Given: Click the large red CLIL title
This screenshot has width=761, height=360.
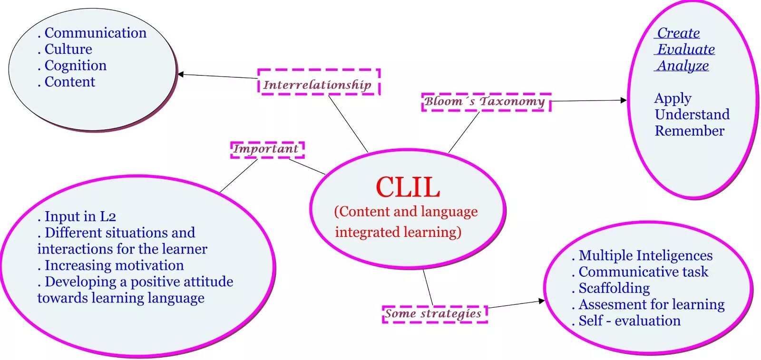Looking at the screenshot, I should [x=408, y=187].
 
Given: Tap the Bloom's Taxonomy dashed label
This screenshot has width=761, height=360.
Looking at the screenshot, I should [x=486, y=102].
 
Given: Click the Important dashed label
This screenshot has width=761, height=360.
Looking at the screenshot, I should [x=267, y=149].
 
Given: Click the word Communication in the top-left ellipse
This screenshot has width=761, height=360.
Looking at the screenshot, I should [x=95, y=33].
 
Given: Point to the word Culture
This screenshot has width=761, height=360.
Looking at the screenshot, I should [x=68, y=49].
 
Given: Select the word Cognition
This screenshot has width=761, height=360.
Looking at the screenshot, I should [x=75, y=66].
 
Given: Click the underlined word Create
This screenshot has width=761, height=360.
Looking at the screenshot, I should [x=678, y=33].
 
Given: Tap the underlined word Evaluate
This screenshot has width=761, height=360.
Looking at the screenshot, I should [x=686, y=49].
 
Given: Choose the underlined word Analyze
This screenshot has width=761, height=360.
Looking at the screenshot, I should [x=683, y=66].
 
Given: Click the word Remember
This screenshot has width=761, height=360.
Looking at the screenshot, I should [x=689, y=131].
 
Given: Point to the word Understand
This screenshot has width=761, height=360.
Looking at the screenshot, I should [x=692, y=115].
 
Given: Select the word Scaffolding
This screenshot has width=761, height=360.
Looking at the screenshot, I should [x=614, y=288].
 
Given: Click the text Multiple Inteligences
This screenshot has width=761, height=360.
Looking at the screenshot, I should [x=645, y=256].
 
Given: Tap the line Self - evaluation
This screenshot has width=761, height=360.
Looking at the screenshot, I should [x=629, y=321].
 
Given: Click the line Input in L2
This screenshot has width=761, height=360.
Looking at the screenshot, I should [x=80, y=216].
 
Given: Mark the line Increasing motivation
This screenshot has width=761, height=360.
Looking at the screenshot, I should [x=114, y=265].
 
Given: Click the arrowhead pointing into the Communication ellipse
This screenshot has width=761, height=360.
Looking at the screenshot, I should [x=181, y=74].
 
